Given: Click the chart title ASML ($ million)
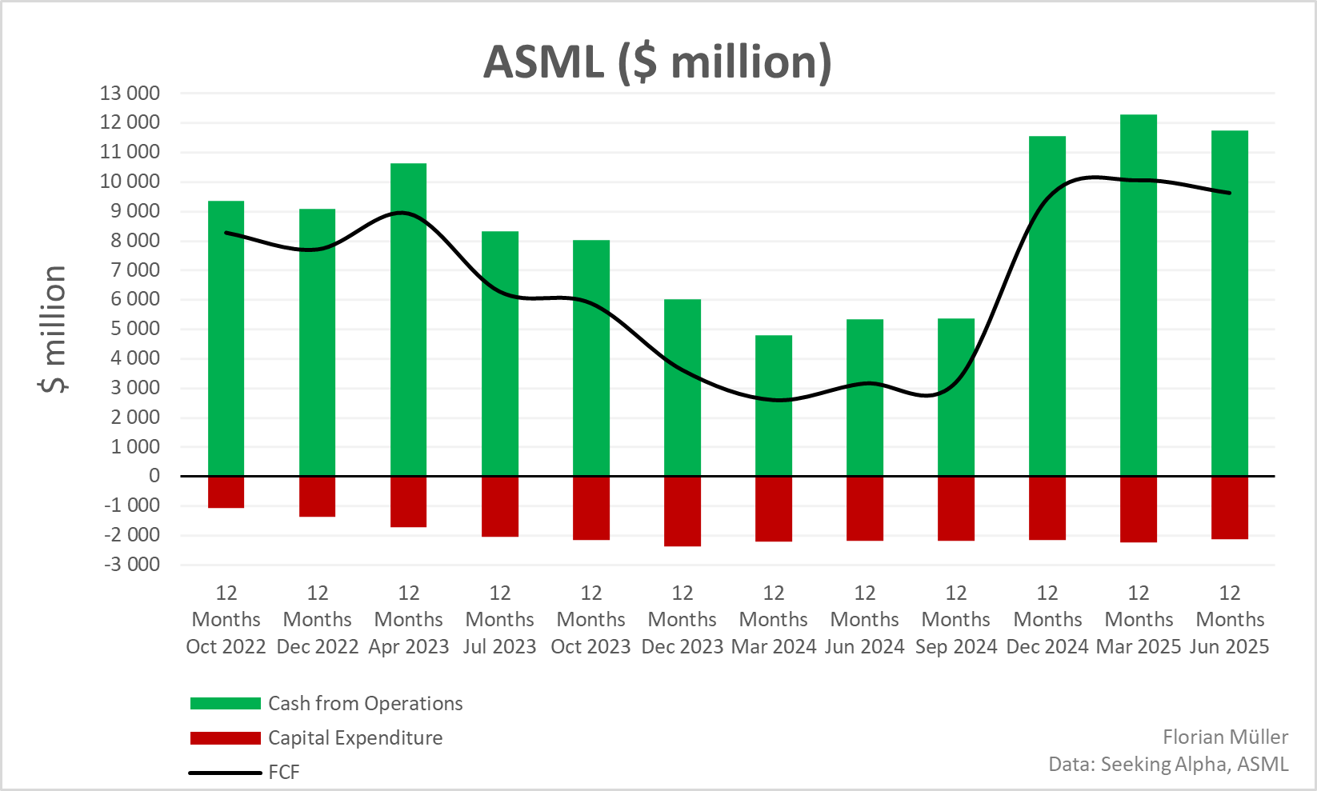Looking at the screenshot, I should (x=657, y=62).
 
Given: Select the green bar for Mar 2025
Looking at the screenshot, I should (x=1138, y=296).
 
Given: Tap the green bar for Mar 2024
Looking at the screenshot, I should (x=773, y=406).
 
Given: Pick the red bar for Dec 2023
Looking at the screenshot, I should (x=682, y=511).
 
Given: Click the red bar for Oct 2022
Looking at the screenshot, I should (x=226, y=492).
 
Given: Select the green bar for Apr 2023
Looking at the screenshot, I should (x=408, y=320).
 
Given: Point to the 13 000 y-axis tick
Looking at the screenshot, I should (x=130, y=93).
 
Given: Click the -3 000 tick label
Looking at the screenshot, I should (x=131, y=564).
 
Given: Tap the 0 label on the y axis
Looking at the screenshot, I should (x=154, y=476).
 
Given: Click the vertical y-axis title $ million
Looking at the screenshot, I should (x=53, y=329).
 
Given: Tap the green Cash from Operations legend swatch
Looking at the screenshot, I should (x=225, y=704).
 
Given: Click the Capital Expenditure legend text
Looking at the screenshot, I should (x=354, y=737).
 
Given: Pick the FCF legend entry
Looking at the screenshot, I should (x=283, y=773).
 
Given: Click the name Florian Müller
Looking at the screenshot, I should (x=1225, y=737).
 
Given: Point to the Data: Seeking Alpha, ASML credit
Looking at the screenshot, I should (x=1168, y=764).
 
